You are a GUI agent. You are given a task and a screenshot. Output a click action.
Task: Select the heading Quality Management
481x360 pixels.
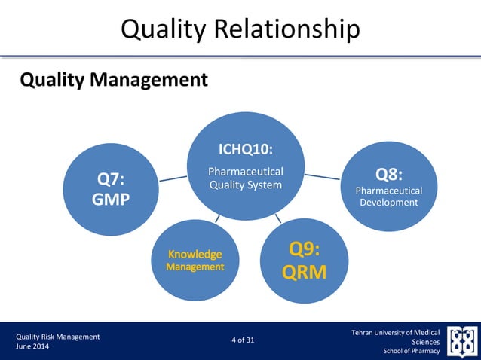click(x=113, y=79)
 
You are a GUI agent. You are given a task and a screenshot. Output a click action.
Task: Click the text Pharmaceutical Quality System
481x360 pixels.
click(x=246, y=178)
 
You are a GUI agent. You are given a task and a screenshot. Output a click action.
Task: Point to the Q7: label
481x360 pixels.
click(x=112, y=178)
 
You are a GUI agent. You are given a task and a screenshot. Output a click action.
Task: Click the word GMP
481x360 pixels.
click(x=112, y=200)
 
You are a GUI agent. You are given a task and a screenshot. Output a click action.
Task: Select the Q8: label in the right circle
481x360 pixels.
click(x=388, y=175)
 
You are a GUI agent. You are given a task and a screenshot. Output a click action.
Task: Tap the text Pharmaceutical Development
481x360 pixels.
click(x=388, y=197)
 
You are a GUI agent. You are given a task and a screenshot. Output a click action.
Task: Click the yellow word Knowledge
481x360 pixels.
click(x=195, y=254)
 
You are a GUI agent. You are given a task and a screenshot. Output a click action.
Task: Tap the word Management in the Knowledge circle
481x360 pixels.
click(x=195, y=267)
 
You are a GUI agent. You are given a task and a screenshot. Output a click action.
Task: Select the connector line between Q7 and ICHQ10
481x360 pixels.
click(x=173, y=179)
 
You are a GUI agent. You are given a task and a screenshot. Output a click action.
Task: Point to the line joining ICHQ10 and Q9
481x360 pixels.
click(x=277, y=218)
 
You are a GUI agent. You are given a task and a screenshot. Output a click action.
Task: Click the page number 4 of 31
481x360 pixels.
click(x=243, y=340)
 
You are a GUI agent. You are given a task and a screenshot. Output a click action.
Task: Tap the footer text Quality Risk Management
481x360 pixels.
click(x=58, y=337)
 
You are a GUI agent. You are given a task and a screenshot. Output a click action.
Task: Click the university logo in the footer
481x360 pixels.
click(x=461, y=341)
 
